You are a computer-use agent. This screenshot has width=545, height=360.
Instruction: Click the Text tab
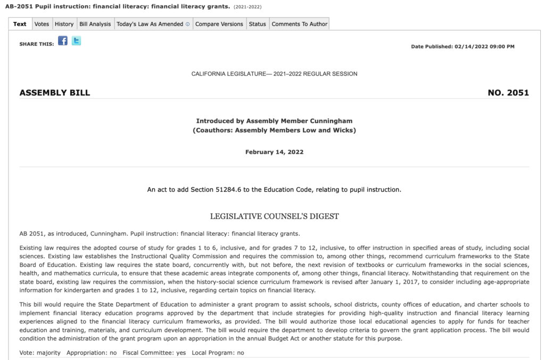[20, 24]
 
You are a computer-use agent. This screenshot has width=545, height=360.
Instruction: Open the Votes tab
[42, 24]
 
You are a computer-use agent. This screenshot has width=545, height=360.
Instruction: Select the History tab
[64, 24]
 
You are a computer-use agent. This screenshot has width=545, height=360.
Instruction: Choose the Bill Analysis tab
[95, 24]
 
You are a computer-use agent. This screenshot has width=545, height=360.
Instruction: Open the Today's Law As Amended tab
[153, 24]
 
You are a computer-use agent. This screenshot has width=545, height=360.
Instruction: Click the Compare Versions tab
[219, 24]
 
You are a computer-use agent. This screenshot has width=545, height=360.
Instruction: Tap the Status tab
[258, 24]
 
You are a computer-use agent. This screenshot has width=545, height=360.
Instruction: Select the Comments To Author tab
[299, 24]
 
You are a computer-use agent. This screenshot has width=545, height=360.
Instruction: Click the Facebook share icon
[63, 41]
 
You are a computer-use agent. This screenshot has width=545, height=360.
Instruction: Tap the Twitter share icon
[77, 41]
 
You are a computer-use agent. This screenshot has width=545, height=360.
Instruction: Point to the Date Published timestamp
[463, 47]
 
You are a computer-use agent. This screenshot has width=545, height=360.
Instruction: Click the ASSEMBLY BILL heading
[55, 93]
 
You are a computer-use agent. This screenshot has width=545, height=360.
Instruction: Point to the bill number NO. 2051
[508, 93]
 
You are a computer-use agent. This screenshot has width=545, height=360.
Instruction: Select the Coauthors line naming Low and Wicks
[274, 130]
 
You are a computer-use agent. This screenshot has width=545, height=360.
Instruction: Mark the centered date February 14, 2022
[274, 152]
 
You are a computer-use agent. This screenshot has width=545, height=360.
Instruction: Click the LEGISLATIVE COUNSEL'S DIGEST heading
[274, 216]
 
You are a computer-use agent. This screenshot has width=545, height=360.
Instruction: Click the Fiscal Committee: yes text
[154, 353]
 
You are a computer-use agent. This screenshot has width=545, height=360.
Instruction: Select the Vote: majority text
[40, 353]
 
